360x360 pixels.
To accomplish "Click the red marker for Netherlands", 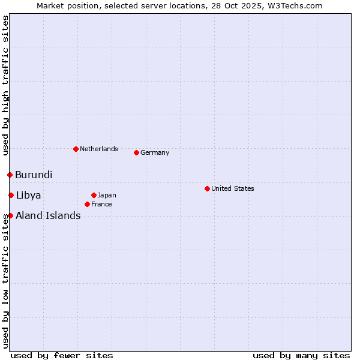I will pyautogui.click(x=76, y=149).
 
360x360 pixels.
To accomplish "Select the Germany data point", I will pyautogui.click(x=136, y=152).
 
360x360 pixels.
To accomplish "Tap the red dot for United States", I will pyautogui.click(x=207, y=188).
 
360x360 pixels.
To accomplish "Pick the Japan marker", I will pyautogui.click(x=94, y=195).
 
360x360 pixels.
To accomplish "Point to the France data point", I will pyautogui.click(x=87, y=204).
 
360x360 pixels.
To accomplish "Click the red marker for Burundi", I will pyautogui.click(x=10, y=175).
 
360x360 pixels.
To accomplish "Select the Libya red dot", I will pyautogui.click(x=11, y=195).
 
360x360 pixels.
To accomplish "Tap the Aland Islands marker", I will pyautogui.click(x=10, y=215).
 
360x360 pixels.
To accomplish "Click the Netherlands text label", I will pyautogui.click(x=99, y=149).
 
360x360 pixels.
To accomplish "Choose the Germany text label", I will pyautogui.click(x=155, y=152).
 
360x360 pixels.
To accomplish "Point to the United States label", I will pyautogui.click(x=232, y=188).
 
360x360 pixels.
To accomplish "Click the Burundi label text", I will pyautogui.click(x=34, y=175).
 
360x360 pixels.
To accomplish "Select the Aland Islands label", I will pyautogui.click(x=48, y=216).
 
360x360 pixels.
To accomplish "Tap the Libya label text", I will pyautogui.click(x=28, y=196).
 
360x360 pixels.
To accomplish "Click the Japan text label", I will pyautogui.click(x=107, y=195).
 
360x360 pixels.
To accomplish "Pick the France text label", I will pyautogui.click(x=101, y=204).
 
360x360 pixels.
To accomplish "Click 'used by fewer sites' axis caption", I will pyautogui.click(x=62, y=355).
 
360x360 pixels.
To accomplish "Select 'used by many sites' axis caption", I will pyautogui.click(x=301, y=355).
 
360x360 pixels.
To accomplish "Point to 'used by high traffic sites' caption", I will pyautogui.click(x=5, y=85).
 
